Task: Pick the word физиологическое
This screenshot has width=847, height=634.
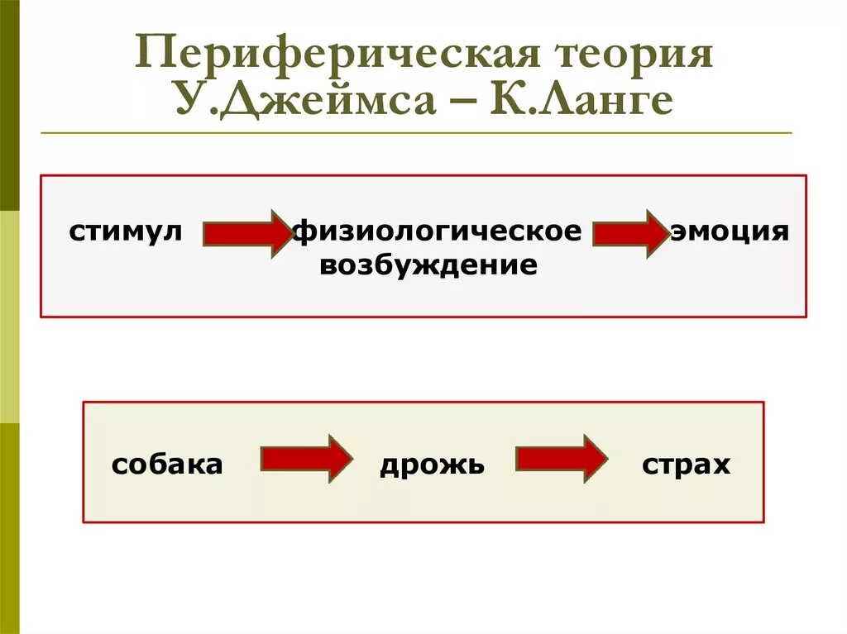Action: [x=438, y=231]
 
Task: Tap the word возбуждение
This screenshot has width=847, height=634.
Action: [x=428, y=266]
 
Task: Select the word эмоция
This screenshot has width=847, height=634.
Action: [x=730, y=231]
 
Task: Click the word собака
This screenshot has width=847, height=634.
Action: [x=167, y=465]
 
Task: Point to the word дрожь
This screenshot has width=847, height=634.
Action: [x=432, y=465]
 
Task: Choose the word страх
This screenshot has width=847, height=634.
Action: [x=686, y=465]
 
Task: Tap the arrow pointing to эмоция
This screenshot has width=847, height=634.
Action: [x=630, y=234]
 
